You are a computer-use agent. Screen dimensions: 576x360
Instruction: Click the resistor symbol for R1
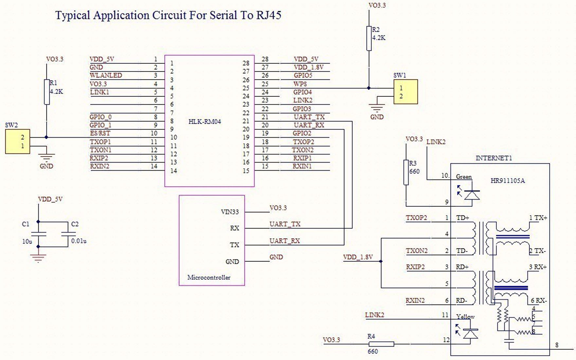point(47,92)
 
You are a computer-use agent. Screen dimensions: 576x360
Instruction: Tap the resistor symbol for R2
point(369,38)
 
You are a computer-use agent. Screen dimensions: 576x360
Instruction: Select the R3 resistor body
point(406,172)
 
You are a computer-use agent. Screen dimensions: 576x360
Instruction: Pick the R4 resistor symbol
point(381,344)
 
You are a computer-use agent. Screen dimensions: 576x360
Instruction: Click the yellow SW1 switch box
point(405,92)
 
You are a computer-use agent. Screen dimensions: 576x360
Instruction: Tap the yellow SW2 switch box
point(18,141)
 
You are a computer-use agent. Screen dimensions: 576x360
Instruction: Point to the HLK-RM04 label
point(205,121)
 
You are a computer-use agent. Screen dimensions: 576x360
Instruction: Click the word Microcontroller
point(209,278)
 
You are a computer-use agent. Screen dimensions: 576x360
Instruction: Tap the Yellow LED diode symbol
point(471,333)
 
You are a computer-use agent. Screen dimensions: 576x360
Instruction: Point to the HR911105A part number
point(508,181)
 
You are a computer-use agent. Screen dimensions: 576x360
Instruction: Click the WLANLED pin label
point(106,75)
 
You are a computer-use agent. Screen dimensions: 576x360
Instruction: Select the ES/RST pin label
point(100,133)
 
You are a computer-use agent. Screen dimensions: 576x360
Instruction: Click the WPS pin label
point(300,84)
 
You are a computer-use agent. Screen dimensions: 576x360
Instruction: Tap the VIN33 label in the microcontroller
point(230,212)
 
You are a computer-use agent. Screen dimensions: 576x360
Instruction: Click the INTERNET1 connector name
point(494,158)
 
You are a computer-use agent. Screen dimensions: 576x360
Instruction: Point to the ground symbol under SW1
point(377,108)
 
